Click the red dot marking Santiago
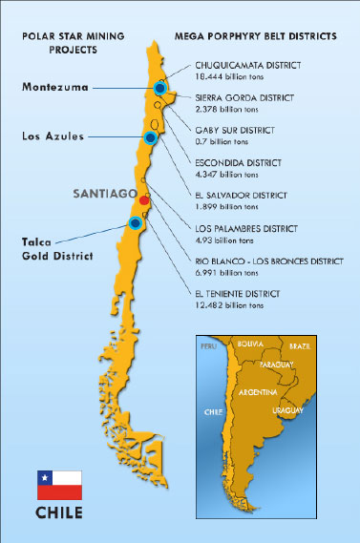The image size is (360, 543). click(x=144, y=200)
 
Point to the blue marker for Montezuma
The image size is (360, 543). click(x=159, y=88)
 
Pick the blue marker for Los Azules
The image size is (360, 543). click(x=149, y=137)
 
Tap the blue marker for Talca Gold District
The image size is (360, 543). click(x=135, y=223)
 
